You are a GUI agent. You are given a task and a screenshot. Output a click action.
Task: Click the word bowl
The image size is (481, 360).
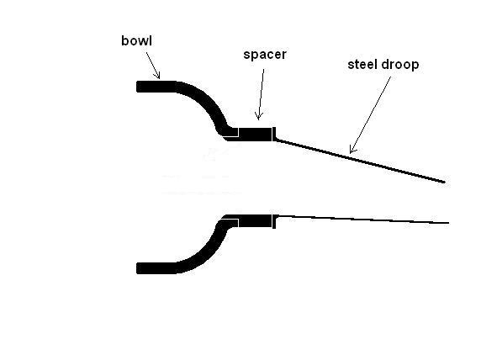pyautogui.click(x=136, y=41)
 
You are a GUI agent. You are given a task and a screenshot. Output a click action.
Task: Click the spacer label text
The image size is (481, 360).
pyautogui.click(x=265, y=55)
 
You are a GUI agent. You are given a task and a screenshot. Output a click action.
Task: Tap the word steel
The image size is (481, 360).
pyautogui.click(x=362, y=65)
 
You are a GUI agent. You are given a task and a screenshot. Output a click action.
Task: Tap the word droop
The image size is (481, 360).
pyautogui.click(x=400, y=65)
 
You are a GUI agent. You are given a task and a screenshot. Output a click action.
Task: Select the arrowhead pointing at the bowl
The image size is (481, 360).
pyautogui.click(x=157, y=76)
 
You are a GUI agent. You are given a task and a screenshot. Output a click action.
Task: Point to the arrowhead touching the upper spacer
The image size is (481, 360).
pyautogui.click(x=259, y=116)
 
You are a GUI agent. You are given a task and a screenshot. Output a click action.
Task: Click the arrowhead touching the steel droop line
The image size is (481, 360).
pyautogui.click(x=352, y=149)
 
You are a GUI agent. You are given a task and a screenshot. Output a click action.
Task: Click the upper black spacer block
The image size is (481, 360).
pyautogui.click(x=256, y=134)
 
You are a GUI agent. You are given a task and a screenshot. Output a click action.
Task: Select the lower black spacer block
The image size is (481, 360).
pyautogui.click(x=256, y=221)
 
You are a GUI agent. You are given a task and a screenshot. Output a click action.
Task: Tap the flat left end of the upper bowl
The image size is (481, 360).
pyautogui.click(x=137, y=87)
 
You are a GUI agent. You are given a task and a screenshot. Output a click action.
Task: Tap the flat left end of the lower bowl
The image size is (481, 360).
pyautogui.click(x=137, y=268)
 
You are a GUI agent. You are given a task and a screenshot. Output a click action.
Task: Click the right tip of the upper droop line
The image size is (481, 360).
pyautogui.click(x=445, y=182)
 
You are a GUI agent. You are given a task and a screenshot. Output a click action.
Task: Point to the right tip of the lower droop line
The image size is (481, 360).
pyautogui.click(x=449, y=223)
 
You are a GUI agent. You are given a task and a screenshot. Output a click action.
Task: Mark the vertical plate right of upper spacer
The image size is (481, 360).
pyautogui.click(x=274, y=134)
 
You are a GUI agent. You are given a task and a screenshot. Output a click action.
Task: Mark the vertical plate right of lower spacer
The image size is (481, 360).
pyautogui.click(x=274, y=221)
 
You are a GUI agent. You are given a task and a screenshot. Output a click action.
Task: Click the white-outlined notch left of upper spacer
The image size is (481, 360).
pyautogui.click(x=230, y=132)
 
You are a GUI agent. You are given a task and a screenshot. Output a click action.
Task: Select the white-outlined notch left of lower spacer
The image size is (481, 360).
pyautogui.click(x=230, y=223)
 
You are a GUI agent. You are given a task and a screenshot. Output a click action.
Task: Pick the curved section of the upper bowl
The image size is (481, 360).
pyautogui.click(x=206, y=101)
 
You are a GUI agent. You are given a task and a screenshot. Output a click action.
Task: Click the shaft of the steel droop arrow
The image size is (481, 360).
pyautogui.click(x=370, y=114)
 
